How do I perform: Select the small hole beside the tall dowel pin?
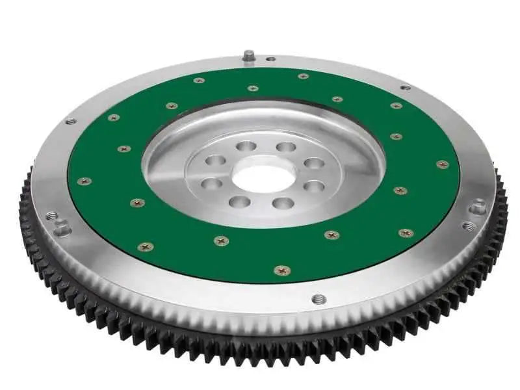click(x=270, y=59)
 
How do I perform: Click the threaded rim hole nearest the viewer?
click(x=318, y=299)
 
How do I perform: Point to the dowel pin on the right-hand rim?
click(x=478, y=207)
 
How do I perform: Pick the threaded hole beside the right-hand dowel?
click(x=469, y=226)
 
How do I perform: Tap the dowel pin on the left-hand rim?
click(x=62, y=229)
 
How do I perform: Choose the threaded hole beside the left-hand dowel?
click(x=51, y=214)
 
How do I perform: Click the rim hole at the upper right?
click(x=406, y=86)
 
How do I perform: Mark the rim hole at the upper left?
click(x=70, y=121)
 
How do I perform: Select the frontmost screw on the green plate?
click(x=281, y=269)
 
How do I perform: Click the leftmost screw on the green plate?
click(x=84, y=181)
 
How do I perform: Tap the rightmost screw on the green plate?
click(x=442, y=164)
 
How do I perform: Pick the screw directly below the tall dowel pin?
click(x=252, y=88)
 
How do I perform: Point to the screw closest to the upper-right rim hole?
click(x=396, y=105)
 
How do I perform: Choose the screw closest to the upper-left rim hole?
click(x=114, y=118)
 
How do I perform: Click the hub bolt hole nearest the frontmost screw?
click(x=283, y=203)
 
